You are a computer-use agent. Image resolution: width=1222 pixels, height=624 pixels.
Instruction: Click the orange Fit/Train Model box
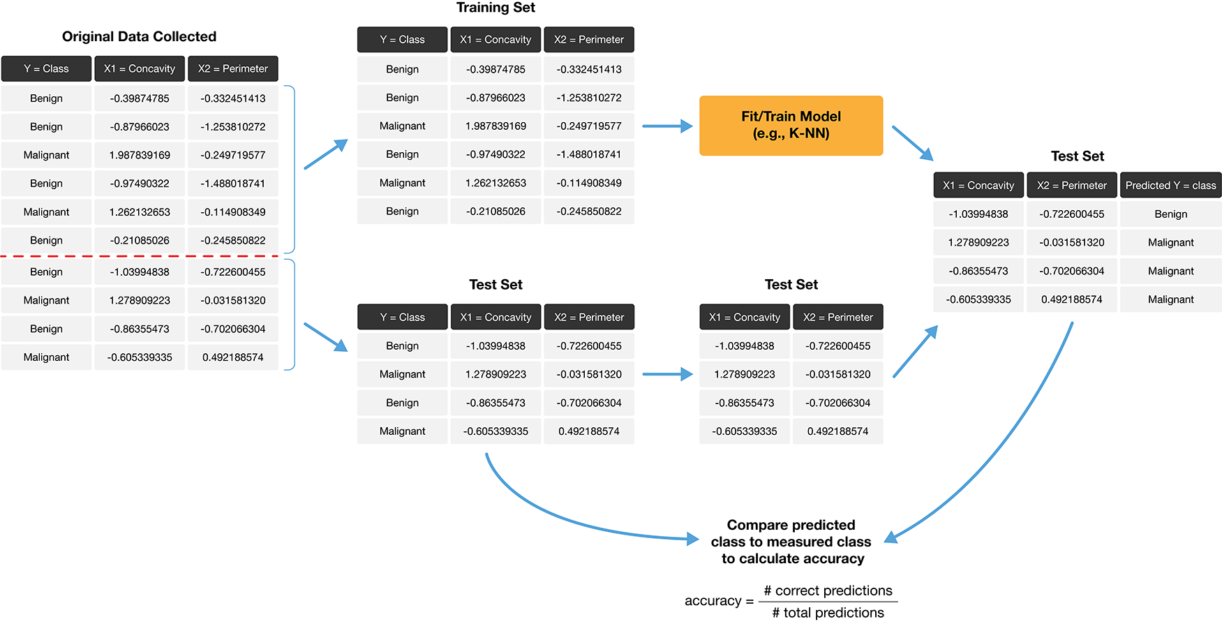[x=791, y=126]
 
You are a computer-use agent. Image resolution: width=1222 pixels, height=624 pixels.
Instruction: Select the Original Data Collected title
[x=139, y=36]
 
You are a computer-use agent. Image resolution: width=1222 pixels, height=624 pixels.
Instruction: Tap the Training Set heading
[x=495, y=8]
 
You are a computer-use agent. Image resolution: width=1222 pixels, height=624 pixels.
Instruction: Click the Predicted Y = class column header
[x=1170, y=185]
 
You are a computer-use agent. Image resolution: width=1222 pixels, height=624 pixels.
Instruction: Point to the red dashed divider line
[x=140, y=256]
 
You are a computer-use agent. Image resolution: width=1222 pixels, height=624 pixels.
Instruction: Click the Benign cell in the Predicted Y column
[x=1170, y=214]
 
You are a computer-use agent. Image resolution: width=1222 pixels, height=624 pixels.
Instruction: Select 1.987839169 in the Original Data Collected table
[x=140, y=155]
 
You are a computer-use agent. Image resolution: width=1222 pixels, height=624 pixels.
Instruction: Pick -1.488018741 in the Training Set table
[x=588, y=154]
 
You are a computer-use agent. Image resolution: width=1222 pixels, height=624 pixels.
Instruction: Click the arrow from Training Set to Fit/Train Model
[x=666, y=126]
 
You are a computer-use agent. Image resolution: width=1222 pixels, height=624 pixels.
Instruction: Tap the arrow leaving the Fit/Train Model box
[x=912, y=143]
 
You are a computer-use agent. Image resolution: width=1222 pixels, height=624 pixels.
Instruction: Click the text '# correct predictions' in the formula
[x=828, y=590]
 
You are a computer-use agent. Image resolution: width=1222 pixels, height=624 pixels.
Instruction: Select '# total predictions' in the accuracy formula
[x=828, y=613]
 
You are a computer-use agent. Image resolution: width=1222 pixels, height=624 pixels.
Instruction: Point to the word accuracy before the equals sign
[x=713, y=601]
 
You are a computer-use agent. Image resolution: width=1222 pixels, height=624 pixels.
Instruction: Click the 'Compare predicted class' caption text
[x=791, y=542]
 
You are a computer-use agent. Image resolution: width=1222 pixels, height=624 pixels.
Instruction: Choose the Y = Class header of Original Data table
[x=46, y=68]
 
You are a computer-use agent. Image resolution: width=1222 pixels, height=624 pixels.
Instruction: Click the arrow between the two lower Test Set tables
[x=666, y=375]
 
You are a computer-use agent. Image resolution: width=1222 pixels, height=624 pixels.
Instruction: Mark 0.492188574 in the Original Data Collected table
[x=232, y=357]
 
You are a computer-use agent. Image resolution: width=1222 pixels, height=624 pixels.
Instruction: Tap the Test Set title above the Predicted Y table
[x=1077, y=156]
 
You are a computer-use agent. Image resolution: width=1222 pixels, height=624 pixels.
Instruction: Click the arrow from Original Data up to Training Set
[x=326, y=154]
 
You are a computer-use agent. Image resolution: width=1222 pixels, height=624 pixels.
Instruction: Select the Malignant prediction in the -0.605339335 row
[x=1170, y=299]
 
